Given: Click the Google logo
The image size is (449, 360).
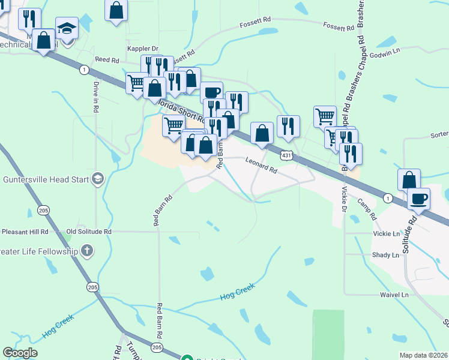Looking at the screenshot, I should (20, 353).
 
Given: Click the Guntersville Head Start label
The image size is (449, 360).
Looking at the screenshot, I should (46, 179).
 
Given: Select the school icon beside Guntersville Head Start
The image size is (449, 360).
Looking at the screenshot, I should (98, 179).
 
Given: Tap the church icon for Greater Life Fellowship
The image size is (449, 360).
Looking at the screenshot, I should (87, 251).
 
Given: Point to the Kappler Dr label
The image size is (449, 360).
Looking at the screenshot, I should (142, 49).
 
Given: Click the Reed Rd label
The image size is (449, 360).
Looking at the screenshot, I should (107, 61).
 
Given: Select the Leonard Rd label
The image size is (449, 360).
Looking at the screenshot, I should (261, 165).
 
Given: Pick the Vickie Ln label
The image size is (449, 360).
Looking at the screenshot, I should (385, 233).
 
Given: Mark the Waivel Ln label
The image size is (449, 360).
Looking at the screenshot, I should (394, 295).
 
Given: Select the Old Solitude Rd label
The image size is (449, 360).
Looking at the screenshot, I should (89, 231).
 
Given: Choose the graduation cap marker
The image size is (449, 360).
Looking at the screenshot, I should (67, 29).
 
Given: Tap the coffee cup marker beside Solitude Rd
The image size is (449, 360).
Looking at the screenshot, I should (418, 199).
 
